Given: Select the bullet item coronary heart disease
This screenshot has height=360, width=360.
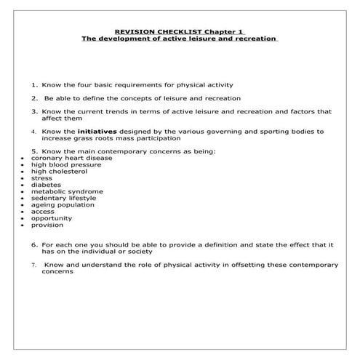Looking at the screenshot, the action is (62, 158).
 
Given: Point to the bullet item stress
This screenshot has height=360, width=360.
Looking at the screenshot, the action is (42, 178).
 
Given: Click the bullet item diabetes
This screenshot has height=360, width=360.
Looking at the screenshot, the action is (46, 185).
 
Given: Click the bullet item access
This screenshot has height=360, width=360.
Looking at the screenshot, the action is (43, 212).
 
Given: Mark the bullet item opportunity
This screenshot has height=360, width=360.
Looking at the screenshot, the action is (51, 218).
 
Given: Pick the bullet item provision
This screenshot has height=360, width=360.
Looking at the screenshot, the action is (47, 225).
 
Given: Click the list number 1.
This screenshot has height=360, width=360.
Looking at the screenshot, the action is (34, 84).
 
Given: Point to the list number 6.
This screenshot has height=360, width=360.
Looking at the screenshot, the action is (34, 244).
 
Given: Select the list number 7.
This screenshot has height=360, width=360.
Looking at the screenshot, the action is (33, 265).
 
